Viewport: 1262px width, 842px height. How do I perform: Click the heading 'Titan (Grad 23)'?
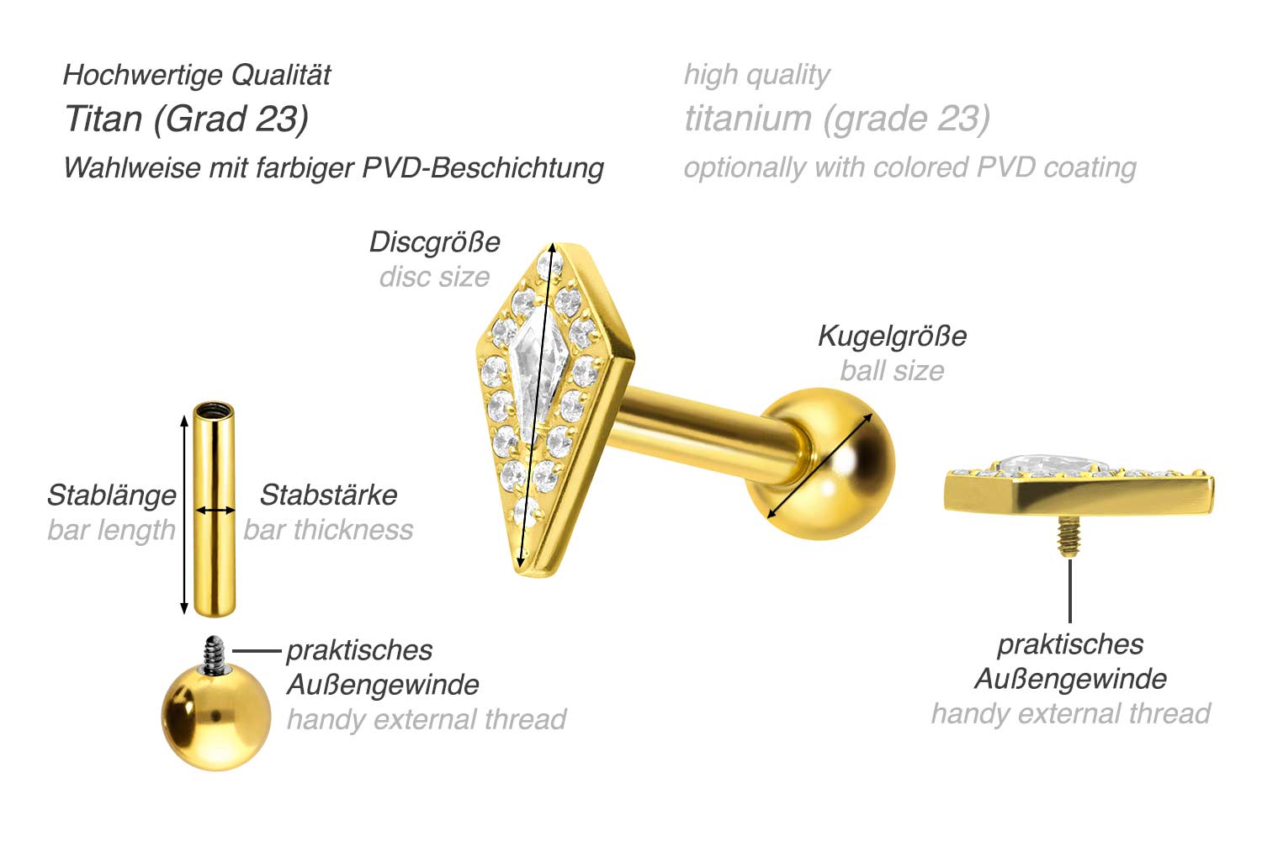point(187,119)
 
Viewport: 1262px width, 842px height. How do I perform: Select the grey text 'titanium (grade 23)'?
point(837,119)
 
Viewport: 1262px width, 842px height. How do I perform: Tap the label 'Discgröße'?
point(434,242)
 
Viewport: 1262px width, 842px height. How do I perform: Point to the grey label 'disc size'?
point(434,277)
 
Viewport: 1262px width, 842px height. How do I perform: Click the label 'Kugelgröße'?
point(893,336)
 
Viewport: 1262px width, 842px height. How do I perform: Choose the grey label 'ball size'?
point(893,371)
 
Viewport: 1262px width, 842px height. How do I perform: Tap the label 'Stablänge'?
point(112,495)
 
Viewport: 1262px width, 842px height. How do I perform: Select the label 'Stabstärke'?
point(328,495)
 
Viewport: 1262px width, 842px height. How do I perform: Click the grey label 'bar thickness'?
point(328,530)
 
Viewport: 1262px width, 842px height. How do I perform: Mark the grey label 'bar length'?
point(112,531)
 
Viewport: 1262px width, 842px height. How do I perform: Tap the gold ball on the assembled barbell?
point(821,463)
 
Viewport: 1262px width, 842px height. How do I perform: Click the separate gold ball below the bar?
point(216,717)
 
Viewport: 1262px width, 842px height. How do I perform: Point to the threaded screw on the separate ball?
point(215,654)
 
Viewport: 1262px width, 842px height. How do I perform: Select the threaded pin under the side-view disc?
point(1069,536)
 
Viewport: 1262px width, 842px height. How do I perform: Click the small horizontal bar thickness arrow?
point(215,511)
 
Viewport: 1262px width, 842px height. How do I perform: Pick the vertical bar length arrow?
point(183,515)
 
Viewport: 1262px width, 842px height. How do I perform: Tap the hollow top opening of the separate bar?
point(214,410)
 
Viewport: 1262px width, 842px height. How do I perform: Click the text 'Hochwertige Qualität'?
point(197,76)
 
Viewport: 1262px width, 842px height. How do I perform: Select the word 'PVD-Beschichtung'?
point(483,168)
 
